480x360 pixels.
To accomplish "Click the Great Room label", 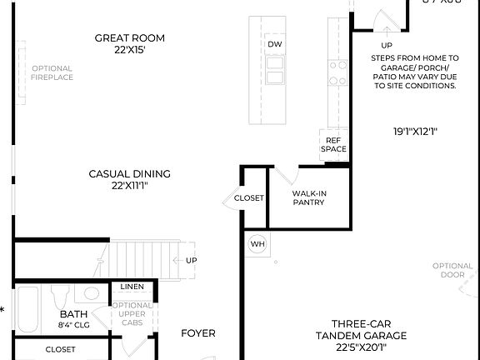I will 129,43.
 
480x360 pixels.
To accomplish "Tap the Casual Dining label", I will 129,179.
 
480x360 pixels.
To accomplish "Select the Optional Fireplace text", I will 52,72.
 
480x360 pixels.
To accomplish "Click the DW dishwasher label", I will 275,44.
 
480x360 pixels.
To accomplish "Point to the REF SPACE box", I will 334,145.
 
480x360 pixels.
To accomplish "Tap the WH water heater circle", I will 257,243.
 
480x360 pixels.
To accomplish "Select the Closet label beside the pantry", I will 248,198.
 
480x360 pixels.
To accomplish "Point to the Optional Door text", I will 452,271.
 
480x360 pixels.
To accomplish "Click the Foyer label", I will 198,333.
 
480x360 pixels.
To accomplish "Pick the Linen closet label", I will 132,287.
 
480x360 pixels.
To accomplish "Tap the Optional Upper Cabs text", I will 132,315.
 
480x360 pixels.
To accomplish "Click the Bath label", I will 73,318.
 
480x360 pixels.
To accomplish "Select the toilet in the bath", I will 60,297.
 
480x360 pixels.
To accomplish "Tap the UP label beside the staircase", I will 191,260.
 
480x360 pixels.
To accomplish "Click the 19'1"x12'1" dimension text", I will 416,131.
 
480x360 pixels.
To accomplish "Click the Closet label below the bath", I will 60,349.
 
